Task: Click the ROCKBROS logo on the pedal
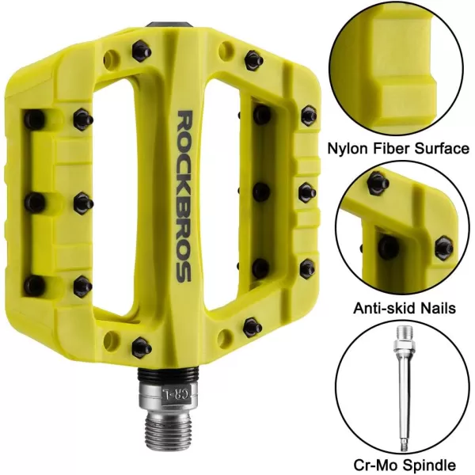(x=184, y=196)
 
